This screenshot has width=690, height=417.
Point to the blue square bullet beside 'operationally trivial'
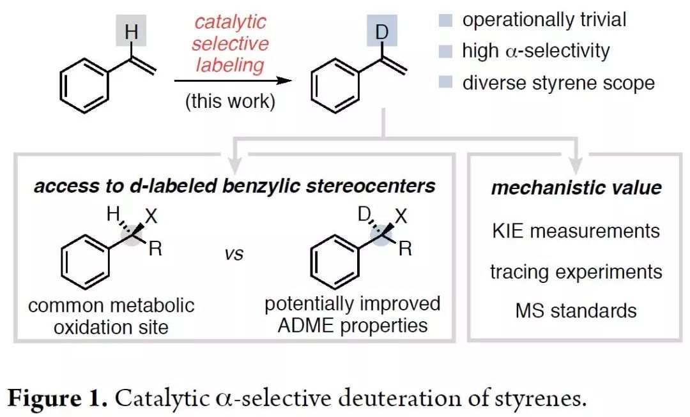pos(445,20)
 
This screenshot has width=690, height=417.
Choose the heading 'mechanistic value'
pos(576,188)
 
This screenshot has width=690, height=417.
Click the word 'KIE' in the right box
pos(509,230)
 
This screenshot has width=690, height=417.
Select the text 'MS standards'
pos(576,311)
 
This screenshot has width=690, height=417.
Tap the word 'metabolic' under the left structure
pos(155,305)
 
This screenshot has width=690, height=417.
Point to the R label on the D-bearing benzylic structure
pos(404,249)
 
